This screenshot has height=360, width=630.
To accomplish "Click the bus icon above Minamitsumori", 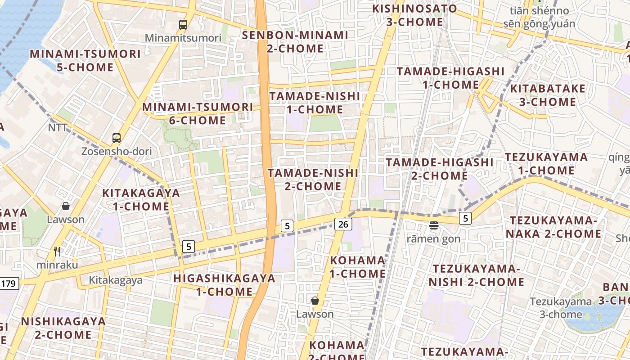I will pyautogui.click(x=183, y=25).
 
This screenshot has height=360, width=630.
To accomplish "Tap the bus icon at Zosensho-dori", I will pyautogui.click(x=117, y=138).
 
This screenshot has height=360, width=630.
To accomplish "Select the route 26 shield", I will pyautogui.click(x=343, y=224).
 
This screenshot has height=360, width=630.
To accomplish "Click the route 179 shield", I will pyautogui.click(x=9, y=283).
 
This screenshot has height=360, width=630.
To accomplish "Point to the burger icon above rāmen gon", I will pyautogui.click(x=434, y=225).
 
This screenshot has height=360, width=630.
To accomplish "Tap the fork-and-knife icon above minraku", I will pyautogui.click(x=57, y=252).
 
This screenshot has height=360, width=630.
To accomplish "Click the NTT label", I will pyautogui.click(x=58, y=128).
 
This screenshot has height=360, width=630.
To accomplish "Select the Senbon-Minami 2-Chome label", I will pyautogui.click(x=295, y=41).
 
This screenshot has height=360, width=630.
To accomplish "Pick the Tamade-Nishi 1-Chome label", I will pyautogui.click(x=315, y=103).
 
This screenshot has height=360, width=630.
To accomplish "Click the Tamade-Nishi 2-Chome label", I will pyautogui.click(x=313, y=179).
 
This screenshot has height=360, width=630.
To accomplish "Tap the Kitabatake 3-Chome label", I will pyautogui.click(x=548, y=95).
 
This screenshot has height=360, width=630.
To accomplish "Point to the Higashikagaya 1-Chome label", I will pyautogui.click(x=225, y=284).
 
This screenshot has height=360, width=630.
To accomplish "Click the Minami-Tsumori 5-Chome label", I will pyautogui.click(x=85, y=60).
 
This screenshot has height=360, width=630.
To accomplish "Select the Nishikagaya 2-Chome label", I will pyautogui.click(x=63, y=328).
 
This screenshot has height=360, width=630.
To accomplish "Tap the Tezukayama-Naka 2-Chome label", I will pyautogui.click(x=553, y=227).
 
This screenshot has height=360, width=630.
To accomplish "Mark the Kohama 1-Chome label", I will pyautogui.click(x=358, y=267).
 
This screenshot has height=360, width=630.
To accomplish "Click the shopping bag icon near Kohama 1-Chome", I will pyautogui.click(x=315, y=300).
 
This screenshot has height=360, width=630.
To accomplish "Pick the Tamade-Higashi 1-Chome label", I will pyautogui.click(x=450, y=78).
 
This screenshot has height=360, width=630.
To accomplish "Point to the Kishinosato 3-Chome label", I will pyautogui.click(x=414, y=15).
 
